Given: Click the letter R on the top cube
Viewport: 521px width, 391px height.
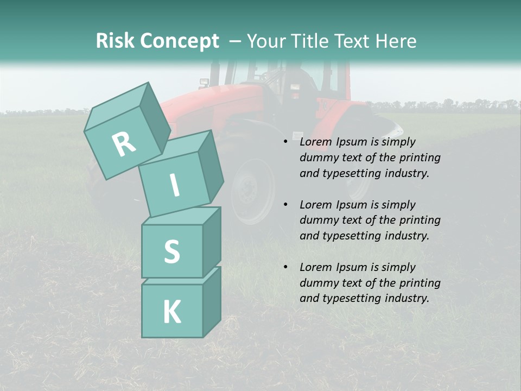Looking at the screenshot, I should click(x=124, y=144).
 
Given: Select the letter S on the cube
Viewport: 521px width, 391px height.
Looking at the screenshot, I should click(x=171, y=252).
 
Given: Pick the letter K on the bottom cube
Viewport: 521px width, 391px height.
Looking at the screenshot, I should click(x=171, y=312).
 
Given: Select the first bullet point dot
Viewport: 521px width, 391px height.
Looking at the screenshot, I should click(x=286, y=142).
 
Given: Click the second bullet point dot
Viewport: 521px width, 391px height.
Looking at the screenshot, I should click(x=286, y=205).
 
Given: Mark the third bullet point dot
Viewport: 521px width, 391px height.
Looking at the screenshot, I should click(x=286, y=267).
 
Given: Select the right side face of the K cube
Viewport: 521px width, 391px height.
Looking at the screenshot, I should click(x=212, y=301).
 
